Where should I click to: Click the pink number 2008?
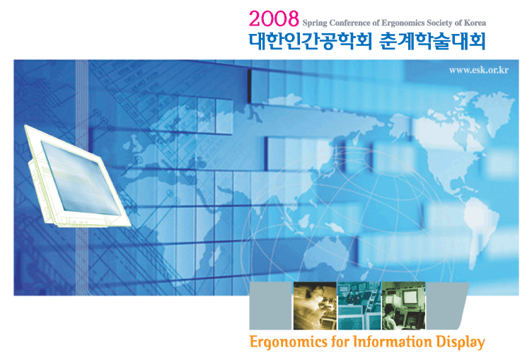coord(274,18)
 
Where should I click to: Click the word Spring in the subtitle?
coord(315,23)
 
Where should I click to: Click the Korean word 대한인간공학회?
coord(311,42)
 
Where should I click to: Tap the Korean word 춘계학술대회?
coord(432,42)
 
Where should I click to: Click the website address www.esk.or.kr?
coord(478,70)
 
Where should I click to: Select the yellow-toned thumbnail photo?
coord(315,306)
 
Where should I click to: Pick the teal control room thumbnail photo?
coord(359,306)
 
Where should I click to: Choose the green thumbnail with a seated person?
coord(403,306)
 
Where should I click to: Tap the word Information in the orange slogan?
coord(393,342)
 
